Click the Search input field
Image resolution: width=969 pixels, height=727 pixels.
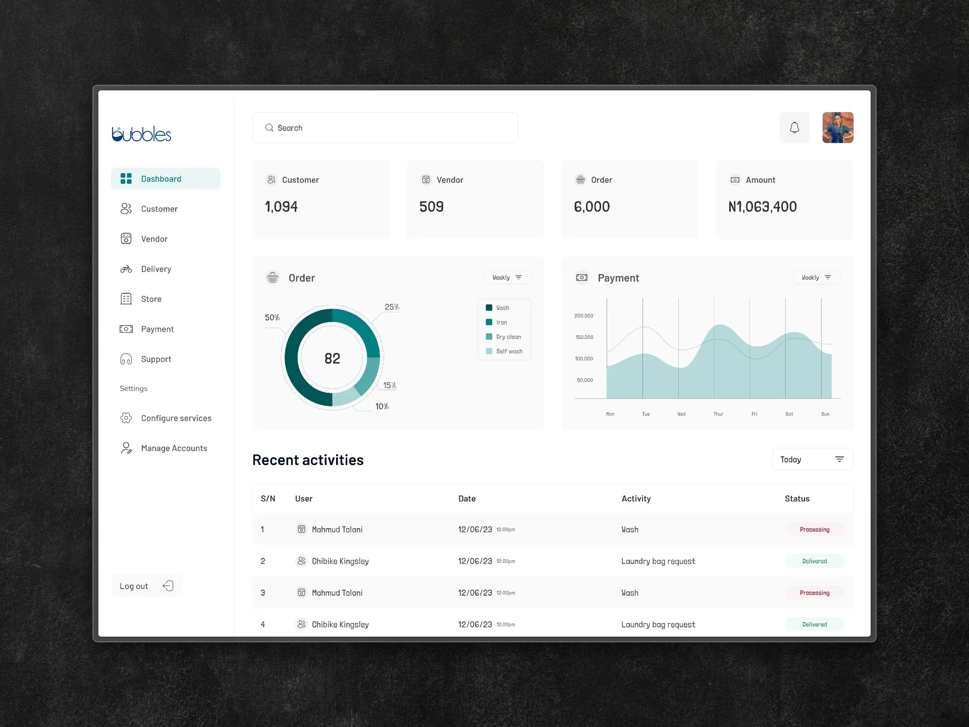385,128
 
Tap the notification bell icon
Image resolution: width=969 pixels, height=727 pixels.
794,128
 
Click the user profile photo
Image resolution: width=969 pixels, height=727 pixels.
838,128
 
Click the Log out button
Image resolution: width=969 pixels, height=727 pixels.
146,586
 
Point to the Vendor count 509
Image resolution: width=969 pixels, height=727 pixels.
432,206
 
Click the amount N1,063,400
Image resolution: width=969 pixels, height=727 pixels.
763,206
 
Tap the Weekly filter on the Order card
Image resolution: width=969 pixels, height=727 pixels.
508,277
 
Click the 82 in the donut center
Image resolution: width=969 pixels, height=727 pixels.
332,358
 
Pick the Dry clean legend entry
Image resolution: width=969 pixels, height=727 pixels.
504,337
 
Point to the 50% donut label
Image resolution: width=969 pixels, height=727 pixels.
272,318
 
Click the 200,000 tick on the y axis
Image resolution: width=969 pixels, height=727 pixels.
584,316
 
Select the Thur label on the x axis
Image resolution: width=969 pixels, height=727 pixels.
718,414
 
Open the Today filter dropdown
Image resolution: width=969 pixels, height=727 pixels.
813,459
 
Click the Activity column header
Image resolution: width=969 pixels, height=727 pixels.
636,499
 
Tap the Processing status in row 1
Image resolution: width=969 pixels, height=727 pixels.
815,530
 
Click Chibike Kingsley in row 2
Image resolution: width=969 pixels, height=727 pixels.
340,561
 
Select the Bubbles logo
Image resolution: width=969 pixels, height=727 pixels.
141,134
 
